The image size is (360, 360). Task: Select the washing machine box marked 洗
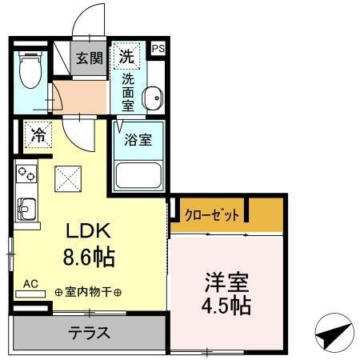126,56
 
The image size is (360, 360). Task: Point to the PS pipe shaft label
157,48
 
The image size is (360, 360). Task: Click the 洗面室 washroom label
128,91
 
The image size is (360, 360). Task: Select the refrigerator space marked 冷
38,134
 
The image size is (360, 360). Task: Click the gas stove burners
25,173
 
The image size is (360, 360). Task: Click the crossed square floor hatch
67,178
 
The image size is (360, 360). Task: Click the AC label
31,283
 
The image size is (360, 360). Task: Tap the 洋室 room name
228,282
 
